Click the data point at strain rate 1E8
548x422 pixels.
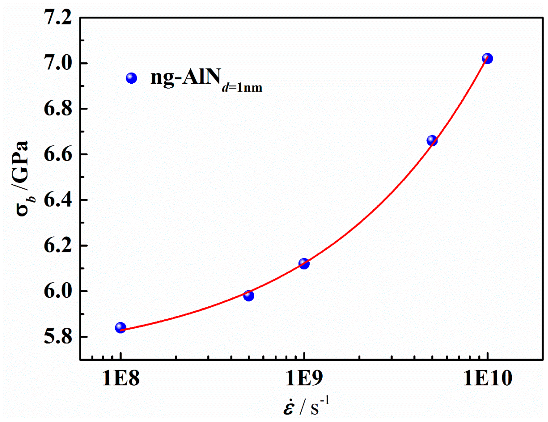[120, 328]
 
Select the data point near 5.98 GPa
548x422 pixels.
[248, 296]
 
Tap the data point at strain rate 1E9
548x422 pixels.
[304, 264]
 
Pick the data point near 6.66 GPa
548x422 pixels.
[432, 140]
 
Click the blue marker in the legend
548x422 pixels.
[132, 78]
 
